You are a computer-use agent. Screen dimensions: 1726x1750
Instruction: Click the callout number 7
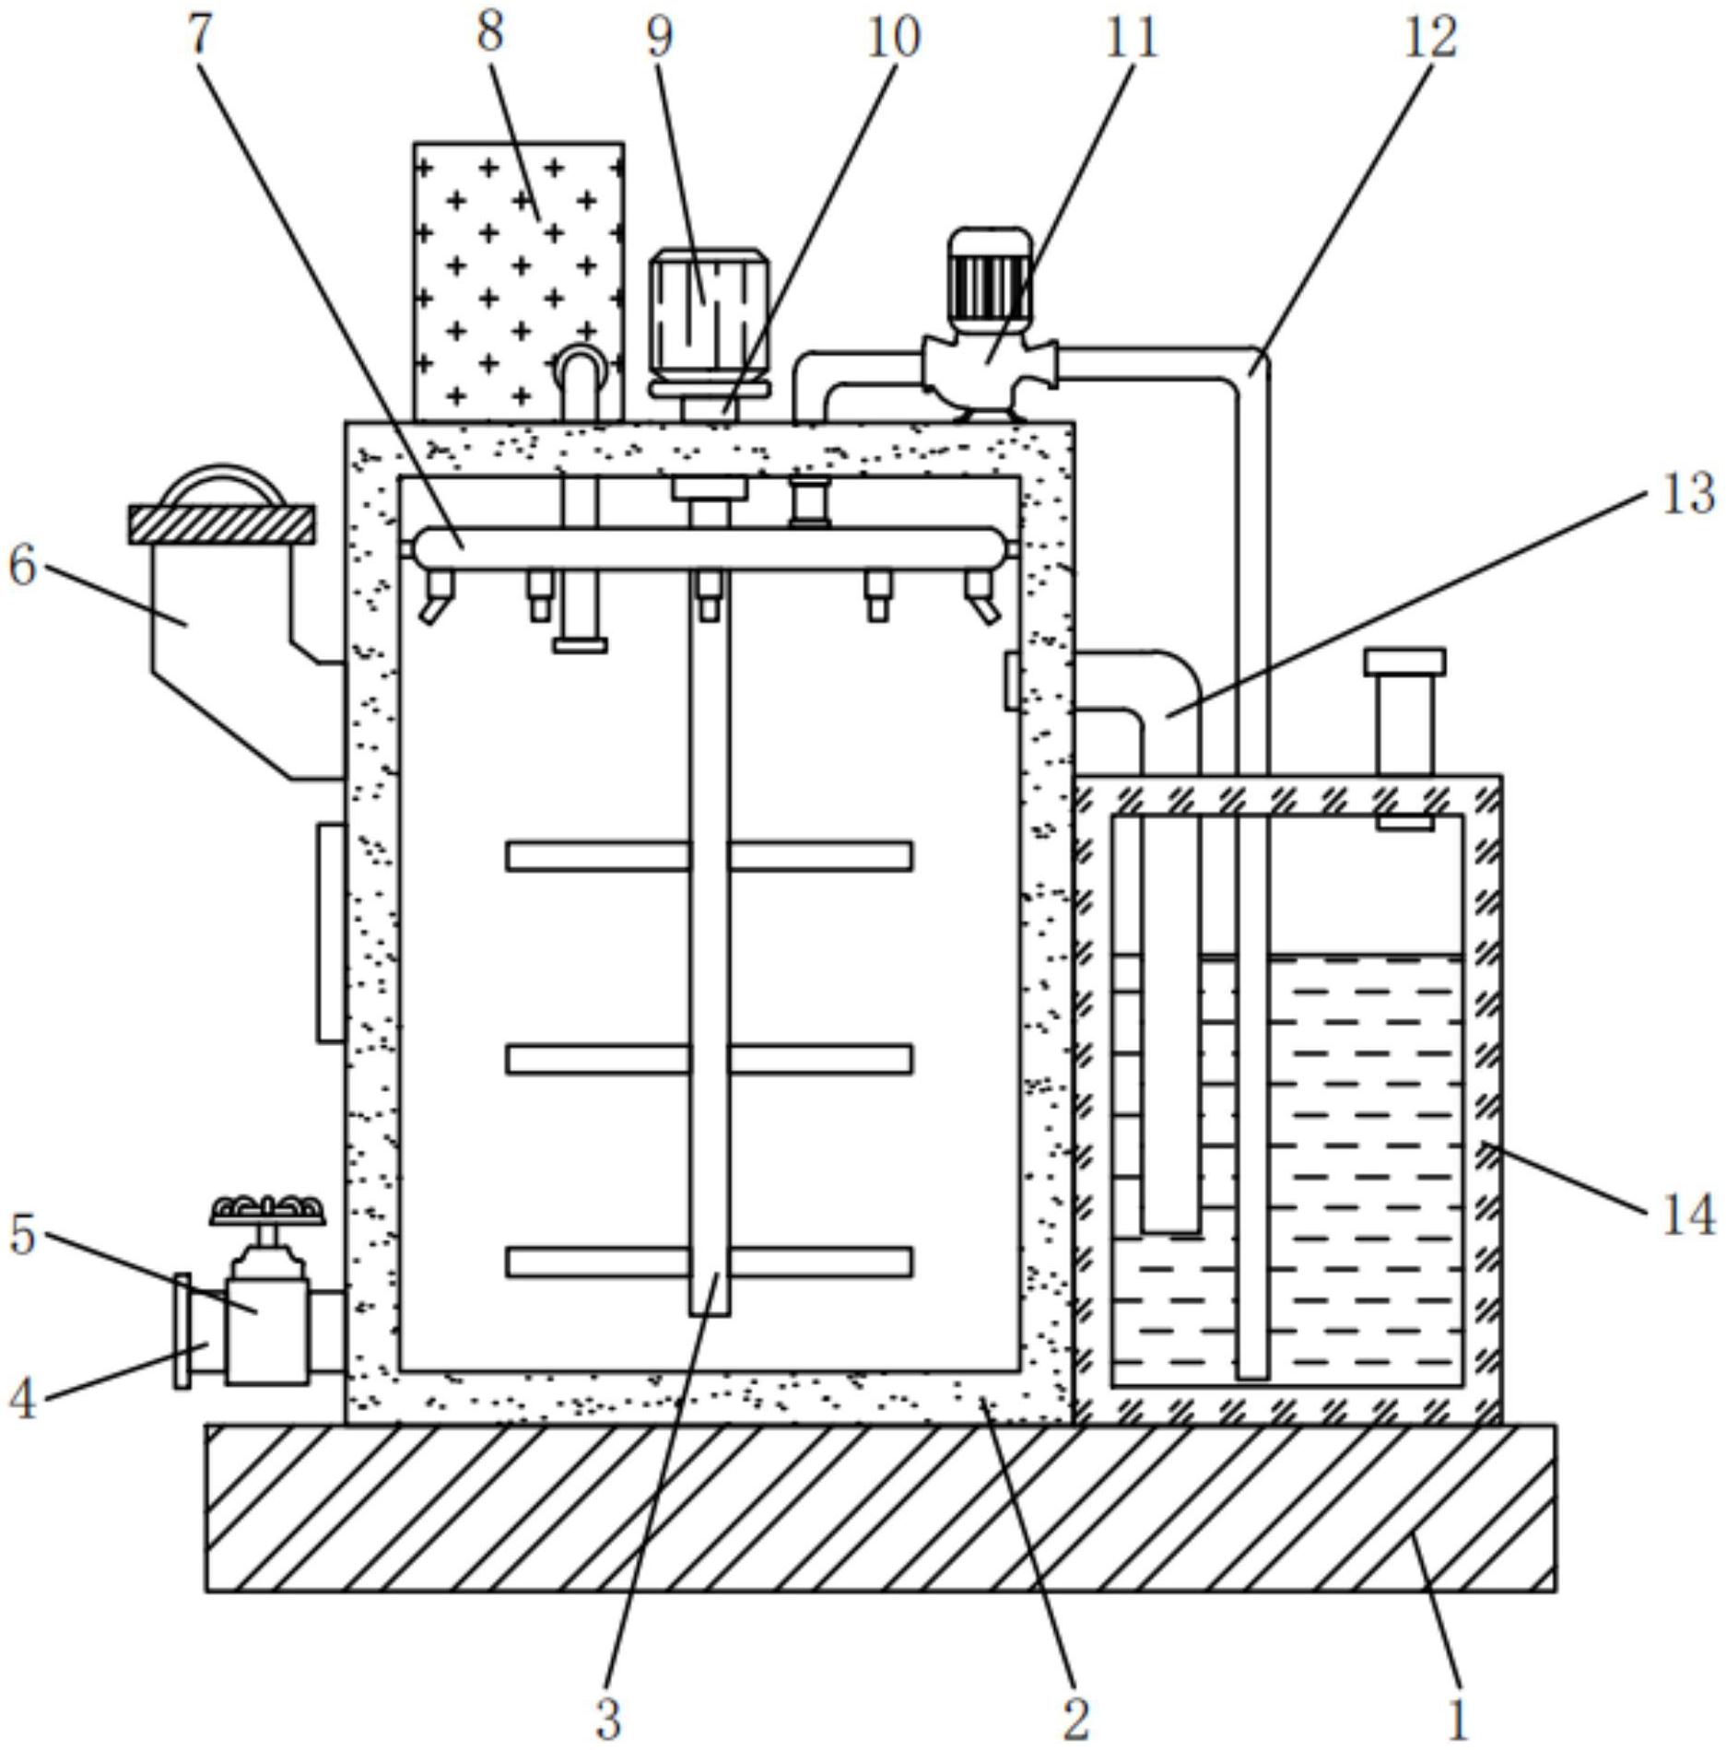click(201, 34)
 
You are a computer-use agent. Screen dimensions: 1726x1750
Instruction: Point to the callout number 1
click(1457, 1719)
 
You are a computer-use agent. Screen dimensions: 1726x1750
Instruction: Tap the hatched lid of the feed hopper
click(221, 523)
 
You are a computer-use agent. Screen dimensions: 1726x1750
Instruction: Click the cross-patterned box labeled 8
click(519, 282)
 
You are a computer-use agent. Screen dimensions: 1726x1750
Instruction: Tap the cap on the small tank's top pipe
click(1404, 662)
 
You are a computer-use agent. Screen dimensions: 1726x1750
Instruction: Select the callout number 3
click(607, 1719)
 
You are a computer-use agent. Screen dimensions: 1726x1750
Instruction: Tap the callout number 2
click(1075, 1719)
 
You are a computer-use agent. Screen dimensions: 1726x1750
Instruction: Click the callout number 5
click(23, 1234)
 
